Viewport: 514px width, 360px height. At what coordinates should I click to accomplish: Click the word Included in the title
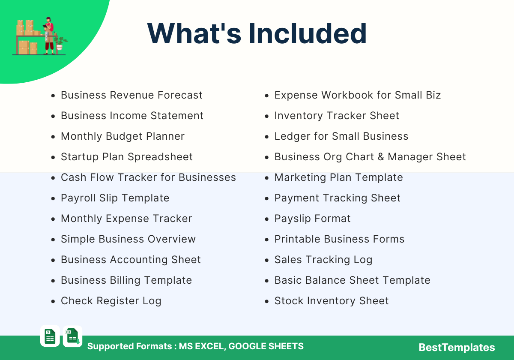(x=308, y=33)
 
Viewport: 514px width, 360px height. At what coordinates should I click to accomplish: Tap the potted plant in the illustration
(x=60, y=43)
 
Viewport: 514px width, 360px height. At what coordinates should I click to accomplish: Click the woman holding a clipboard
(x=49, y=36)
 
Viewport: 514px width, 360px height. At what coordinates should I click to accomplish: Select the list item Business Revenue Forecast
(x=131, y=95)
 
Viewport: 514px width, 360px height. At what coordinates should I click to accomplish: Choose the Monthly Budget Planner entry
(x=123, y=136)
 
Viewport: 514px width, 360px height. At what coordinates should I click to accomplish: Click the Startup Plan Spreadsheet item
(x=127, y=157)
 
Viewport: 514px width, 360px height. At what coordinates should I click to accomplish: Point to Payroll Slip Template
(x=115, y=198)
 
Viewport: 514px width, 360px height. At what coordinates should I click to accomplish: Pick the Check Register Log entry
(x=111, y=301)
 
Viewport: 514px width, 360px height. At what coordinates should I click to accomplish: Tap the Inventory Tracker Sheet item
(x=337, y=115)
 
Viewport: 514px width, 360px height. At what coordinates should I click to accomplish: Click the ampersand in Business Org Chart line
(x=381, y=157)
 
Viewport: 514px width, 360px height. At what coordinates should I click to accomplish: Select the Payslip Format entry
(x=312, y=219)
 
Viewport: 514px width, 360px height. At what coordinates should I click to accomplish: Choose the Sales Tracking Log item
(x=323, y=260)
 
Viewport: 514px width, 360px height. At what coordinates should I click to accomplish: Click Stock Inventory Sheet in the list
(x=332, y=301)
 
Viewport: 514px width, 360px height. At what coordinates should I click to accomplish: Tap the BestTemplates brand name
(x=457, y=348)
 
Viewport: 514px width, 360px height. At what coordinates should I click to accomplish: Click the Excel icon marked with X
(x=50, y=336)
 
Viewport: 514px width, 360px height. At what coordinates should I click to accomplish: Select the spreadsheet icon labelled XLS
(x=72, y=336)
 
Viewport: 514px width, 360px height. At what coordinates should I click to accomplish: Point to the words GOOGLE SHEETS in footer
(x=266, y=346)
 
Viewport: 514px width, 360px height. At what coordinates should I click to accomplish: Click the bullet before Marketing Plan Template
(x=266, y=178)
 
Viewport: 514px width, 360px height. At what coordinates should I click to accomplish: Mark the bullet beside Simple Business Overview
(x=53, y=240)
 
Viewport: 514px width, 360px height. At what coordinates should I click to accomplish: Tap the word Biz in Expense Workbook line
(x=433, y=95)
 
